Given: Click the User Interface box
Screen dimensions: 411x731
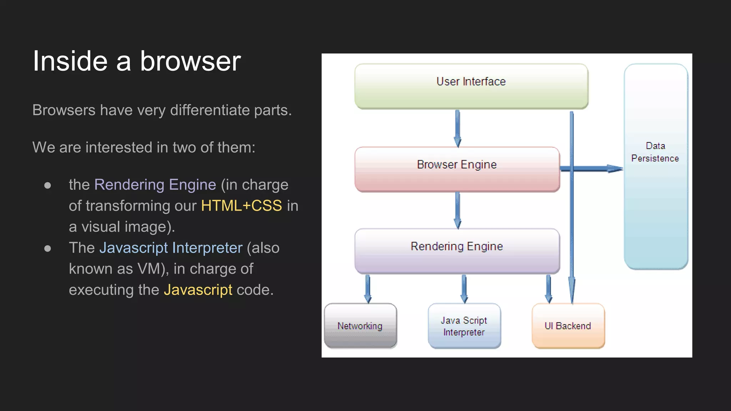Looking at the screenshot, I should point(471,86).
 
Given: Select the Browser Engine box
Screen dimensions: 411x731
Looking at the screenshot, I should point(457,169).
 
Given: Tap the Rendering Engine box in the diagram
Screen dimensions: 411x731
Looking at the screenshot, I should point(457,251).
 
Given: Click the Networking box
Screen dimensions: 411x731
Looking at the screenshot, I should point(360,326).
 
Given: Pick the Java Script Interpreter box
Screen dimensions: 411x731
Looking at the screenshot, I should point(464,326).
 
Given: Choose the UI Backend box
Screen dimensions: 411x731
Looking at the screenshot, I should point(568,326).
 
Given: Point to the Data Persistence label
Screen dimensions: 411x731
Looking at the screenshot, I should point(655,152).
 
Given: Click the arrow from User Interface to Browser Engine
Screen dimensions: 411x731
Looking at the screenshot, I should point(457,128).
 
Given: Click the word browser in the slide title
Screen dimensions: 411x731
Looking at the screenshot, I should point(190,61).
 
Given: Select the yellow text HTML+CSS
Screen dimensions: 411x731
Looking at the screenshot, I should point(241,206).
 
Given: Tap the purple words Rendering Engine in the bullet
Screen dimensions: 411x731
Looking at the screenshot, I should point(155,185).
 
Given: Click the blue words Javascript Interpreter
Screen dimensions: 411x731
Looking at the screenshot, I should point(171,248).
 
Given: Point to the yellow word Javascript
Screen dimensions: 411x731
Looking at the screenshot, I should point(198,290).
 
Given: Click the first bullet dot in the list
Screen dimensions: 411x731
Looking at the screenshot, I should point(47,186).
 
